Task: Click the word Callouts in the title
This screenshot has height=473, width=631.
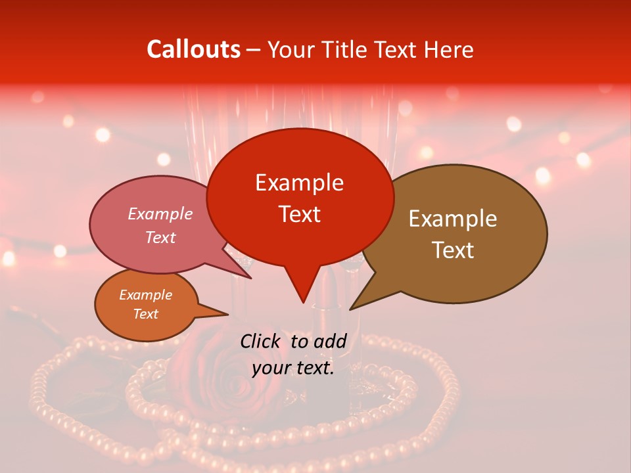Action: click(193, 49)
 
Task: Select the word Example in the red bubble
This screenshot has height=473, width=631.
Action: click(299, 183)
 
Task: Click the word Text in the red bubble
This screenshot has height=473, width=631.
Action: click(299, 214)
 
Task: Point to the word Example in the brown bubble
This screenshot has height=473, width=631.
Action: click(453, 219)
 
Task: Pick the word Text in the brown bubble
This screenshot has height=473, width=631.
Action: click(453, 250)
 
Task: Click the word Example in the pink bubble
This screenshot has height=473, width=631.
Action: click(160, 214)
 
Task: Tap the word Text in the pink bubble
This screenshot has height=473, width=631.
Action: click(160, 237)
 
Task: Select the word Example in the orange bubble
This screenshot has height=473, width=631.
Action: click(145, 295)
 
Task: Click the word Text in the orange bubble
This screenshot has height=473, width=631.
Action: click(145, 314)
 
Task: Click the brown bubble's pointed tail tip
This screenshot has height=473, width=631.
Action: click(350, 309)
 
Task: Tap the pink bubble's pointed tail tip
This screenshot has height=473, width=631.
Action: click(251, 278)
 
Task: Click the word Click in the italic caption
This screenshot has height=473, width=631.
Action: click(261, 341)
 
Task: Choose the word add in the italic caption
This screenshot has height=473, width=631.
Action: click(330, 341)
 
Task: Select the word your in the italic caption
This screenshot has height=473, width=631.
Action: click(271, 368)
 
